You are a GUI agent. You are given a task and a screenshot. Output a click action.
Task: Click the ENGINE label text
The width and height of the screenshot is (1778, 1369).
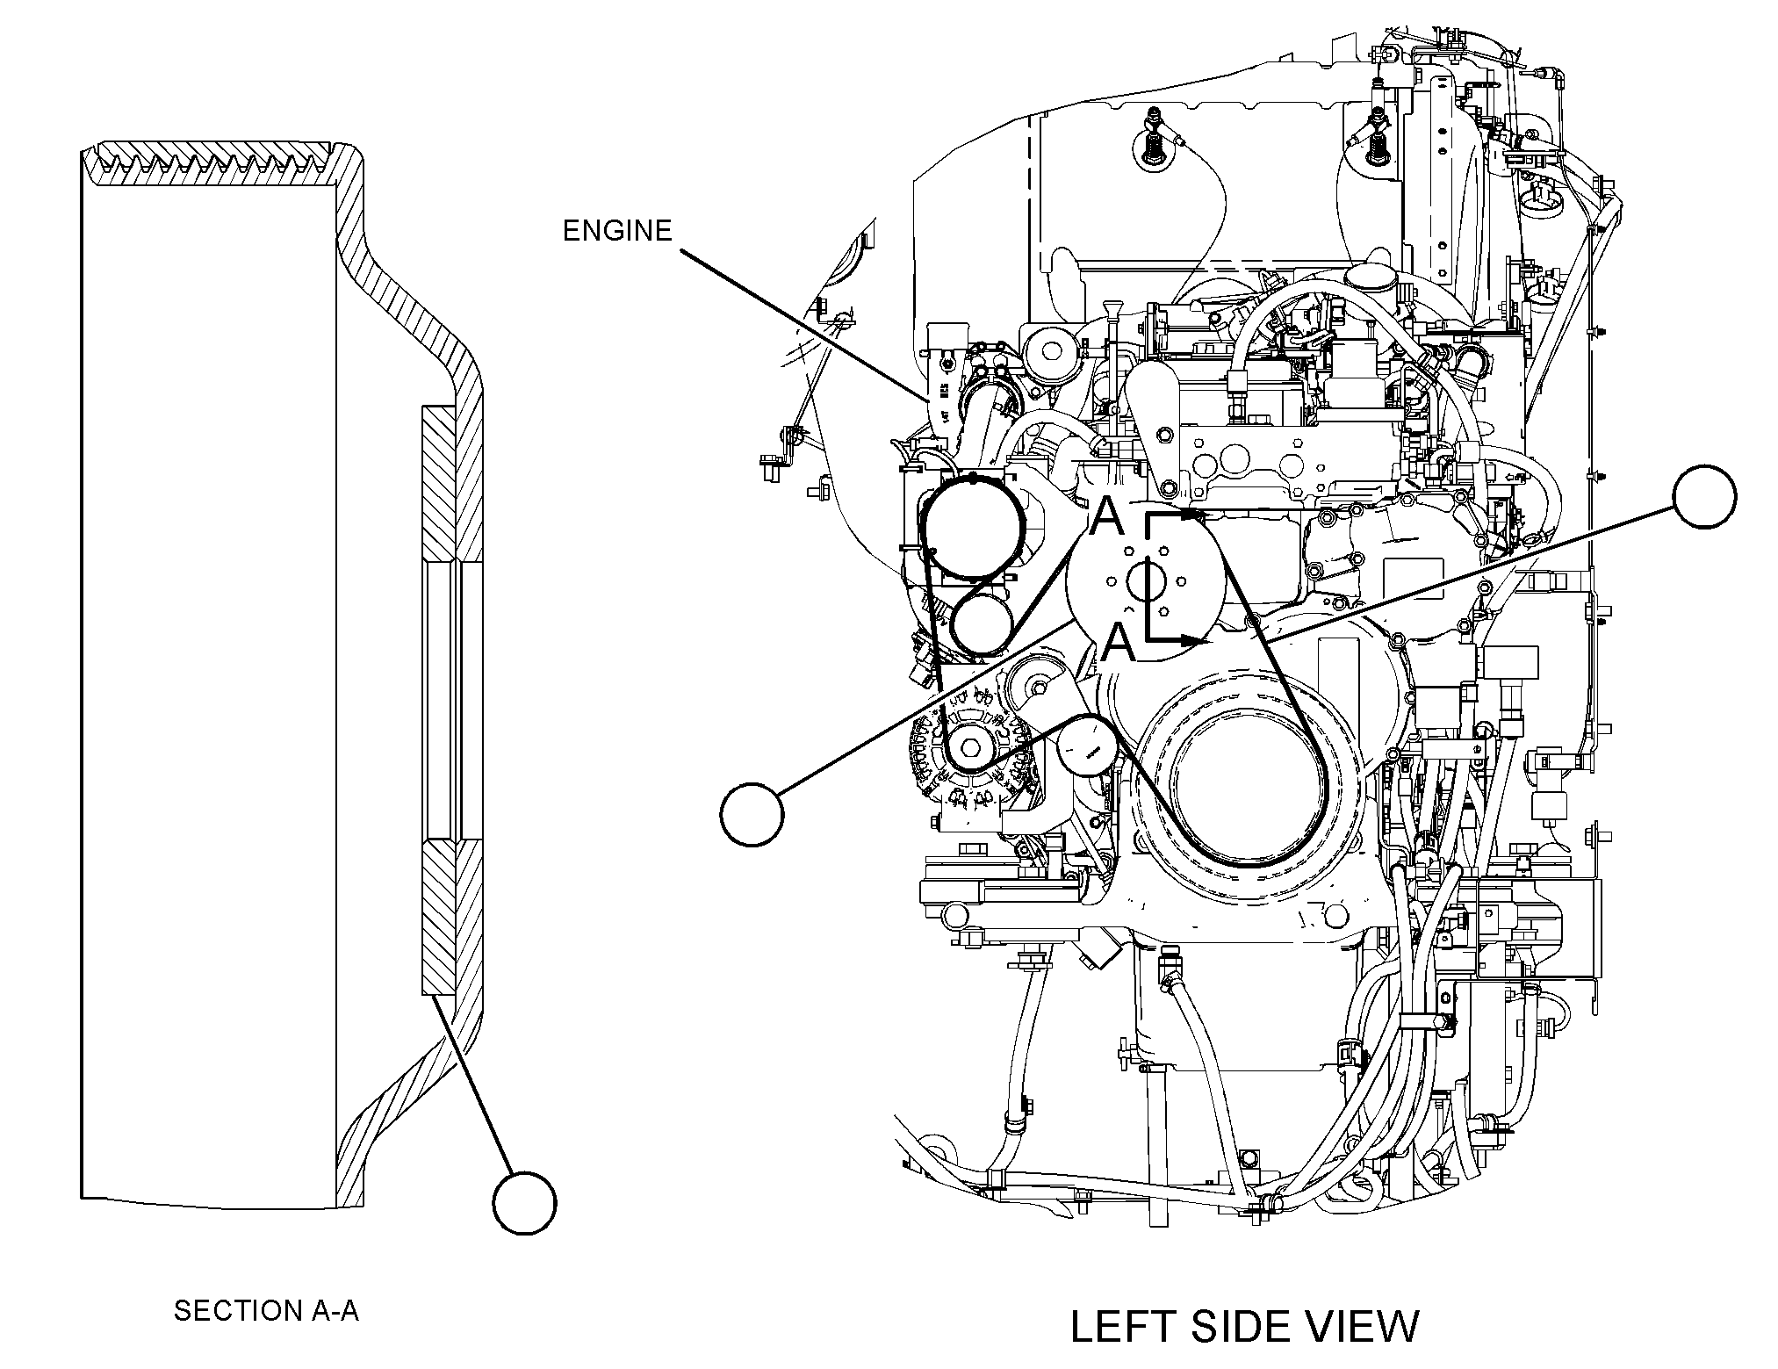(616, 231)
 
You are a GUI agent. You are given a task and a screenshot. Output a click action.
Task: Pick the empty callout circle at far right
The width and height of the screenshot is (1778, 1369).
(1704, 497)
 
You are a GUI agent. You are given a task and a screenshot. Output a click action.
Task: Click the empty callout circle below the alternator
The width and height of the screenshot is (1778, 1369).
(752, 815)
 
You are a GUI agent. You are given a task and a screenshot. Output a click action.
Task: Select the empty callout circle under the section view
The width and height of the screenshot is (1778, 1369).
(524, 1202)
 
